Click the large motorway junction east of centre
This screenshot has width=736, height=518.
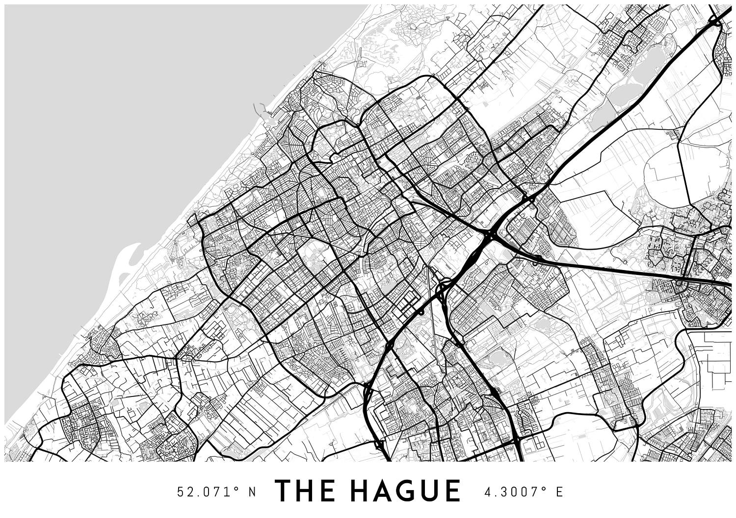(x=490, y=236)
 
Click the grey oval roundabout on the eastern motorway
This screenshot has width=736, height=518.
(x=680, y=283)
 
